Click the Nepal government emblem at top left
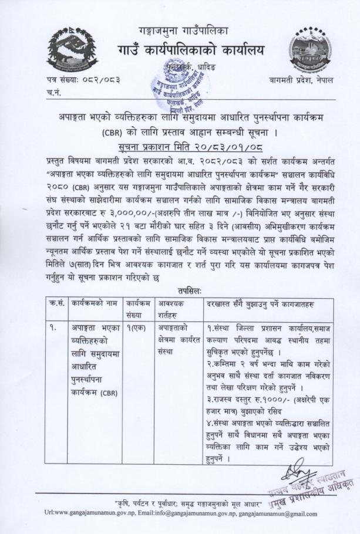coord(65,50)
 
